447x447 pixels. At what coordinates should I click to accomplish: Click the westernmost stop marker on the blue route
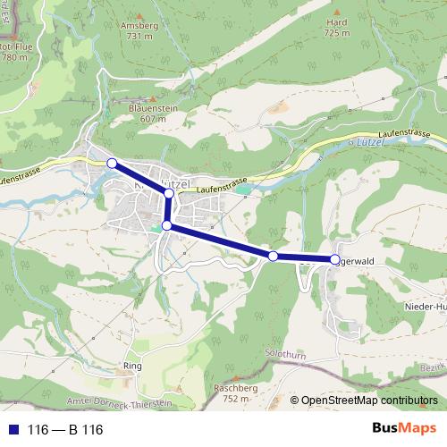coord(112,163)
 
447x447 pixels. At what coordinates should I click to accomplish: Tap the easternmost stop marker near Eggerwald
coord(335,259)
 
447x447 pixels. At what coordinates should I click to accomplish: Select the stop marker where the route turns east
coord(166,225)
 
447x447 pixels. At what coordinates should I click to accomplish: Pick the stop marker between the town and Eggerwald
coord(274,257)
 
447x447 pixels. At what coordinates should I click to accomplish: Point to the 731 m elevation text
coord(139,37)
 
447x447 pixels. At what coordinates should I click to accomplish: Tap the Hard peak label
coord(336,22)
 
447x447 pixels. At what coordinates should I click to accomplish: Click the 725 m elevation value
coord(336,33)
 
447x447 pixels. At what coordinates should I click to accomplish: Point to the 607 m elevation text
coord(152,118)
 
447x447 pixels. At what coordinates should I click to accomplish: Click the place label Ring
coord(132,367)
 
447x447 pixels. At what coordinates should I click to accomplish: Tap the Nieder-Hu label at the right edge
coord(425,307)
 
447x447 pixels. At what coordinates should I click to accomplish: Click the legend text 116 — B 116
coord(65,430)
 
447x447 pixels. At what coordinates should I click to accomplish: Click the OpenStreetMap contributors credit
coord(368,401)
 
